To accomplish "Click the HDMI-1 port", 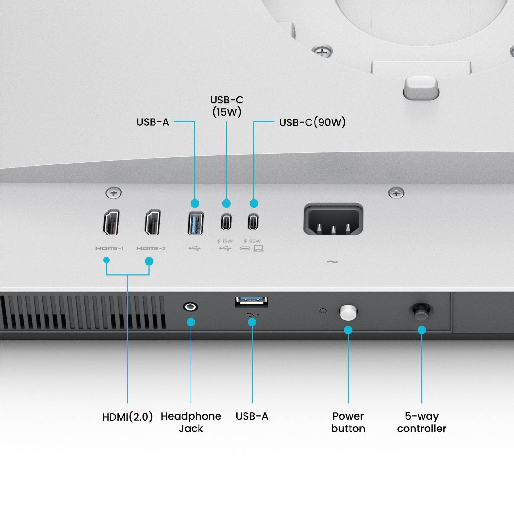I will pyautogui.click(x=111, y=222).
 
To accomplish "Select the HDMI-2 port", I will pyautogui.click(x=152, y=222).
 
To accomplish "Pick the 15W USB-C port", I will pyautogui.click(x=226, y=222).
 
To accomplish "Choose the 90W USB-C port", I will pyautogui.click(x=253, y=222).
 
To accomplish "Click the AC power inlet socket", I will pyautogui.click(x=333, y=220).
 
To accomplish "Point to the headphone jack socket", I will pyautogui.click(x=190, y=307).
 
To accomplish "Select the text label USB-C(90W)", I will pyautogui.click(x=312, y=122).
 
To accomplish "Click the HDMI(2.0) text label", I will pyautogui.click(x=127, y=417).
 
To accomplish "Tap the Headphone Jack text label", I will pyautogui.click(x=191, y=422).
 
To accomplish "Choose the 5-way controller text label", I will pyautogui.click(x=421, y=422).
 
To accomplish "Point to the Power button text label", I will pyautogui.click(x=348, y=422).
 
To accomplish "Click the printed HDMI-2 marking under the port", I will pyautogui.click(x=151, y=248).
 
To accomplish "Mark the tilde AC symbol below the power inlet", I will pyautogui.click(x=332, y=262).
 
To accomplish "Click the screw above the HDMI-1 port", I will pyautogui.click(x=113, y=193).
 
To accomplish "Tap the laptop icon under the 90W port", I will pyautogui.click(x=258, y=248).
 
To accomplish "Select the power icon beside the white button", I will pyautogui.click(x=323, y=311).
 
